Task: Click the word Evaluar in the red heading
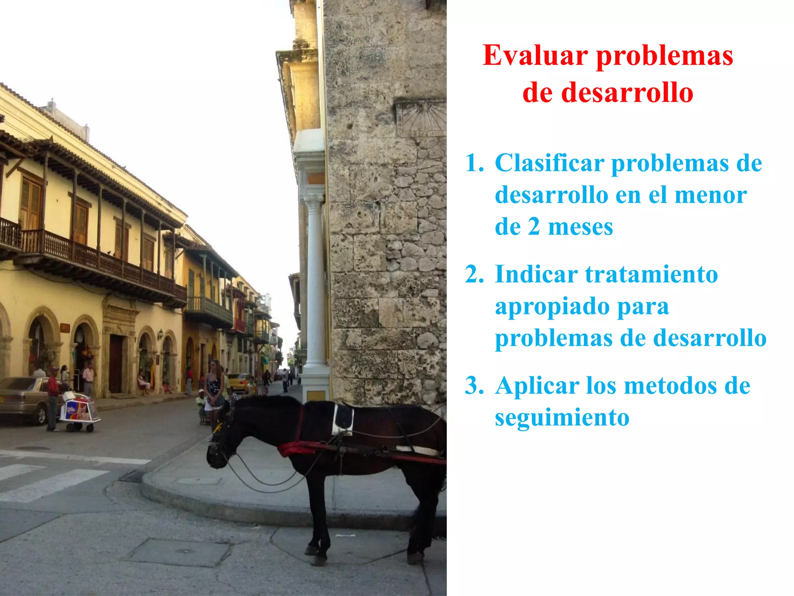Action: point(535,56)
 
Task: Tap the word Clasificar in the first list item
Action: point(549,163)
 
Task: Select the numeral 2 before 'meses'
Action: point(534,227)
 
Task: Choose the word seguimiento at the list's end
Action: point(562,418)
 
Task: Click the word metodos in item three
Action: point(671,386)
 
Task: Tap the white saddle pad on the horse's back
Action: point(343,420)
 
